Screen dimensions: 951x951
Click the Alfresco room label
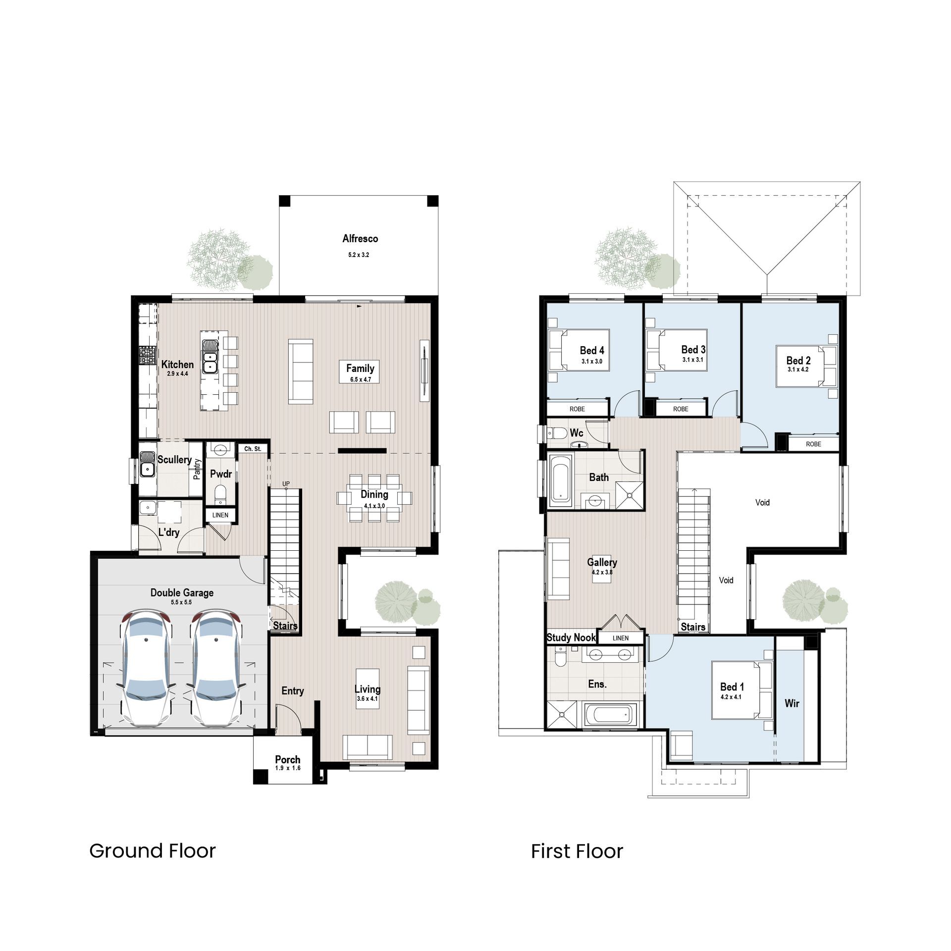[360, 239]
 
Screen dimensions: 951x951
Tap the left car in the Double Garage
[146, 669]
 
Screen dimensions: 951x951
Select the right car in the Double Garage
[216, 669]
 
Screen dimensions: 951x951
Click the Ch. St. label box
[253, 449]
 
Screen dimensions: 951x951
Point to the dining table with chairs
[374, 497]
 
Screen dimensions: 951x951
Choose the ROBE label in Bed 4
[577, 409]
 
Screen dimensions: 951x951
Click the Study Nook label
[571, 637]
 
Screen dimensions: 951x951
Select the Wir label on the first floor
[792, 703]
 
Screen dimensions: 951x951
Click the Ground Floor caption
[153, 851]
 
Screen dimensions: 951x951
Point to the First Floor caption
[577, 851]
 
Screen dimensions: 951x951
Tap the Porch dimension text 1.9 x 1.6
[288, 768]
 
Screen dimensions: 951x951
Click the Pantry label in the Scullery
[197, 469]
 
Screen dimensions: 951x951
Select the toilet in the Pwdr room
[220, 494]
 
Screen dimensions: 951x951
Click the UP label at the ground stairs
[286, 484]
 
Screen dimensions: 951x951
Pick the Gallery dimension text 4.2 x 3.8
[602, 573]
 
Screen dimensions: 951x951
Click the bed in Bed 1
[741, 689]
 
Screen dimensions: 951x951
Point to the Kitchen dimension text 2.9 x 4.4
[177, 374]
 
